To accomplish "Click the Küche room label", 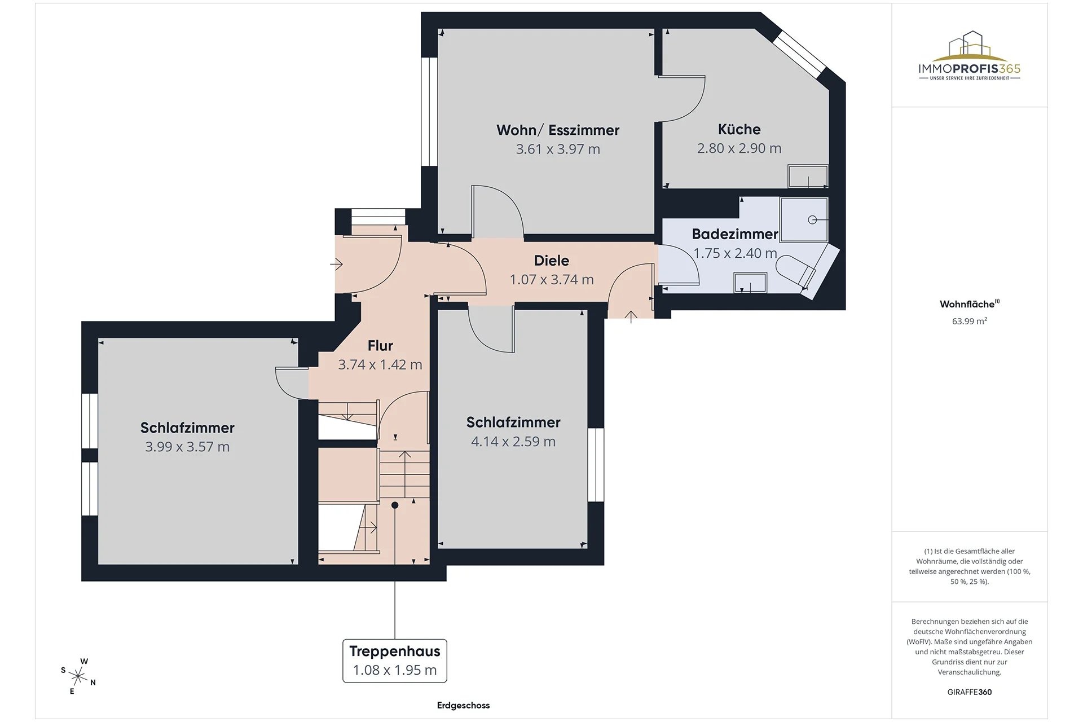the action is pos(739,129).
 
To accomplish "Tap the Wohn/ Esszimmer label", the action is pos(558,130).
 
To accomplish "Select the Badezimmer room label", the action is pos(735,234).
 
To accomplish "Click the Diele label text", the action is pos(552,261).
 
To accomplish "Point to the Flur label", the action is pos(380,345).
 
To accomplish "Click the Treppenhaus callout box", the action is pos(395,661).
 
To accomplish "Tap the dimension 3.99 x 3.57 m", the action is pos(187,447).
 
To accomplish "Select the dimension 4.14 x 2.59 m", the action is pos(513,442).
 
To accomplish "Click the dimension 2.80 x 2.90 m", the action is pos(739,148).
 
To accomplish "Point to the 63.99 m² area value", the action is pos(970,321).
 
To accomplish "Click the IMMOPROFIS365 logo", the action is pos(970,55).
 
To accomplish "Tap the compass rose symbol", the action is pos(78,675).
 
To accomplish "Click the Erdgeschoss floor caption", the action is pos(463,705).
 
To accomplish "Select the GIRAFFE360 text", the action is pos(970,692).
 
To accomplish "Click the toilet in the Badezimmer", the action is pos(796,270).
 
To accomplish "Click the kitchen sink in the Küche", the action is pos(808,177).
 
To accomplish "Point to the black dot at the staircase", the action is pos(395,505).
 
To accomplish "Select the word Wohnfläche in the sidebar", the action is pos(967,304).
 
